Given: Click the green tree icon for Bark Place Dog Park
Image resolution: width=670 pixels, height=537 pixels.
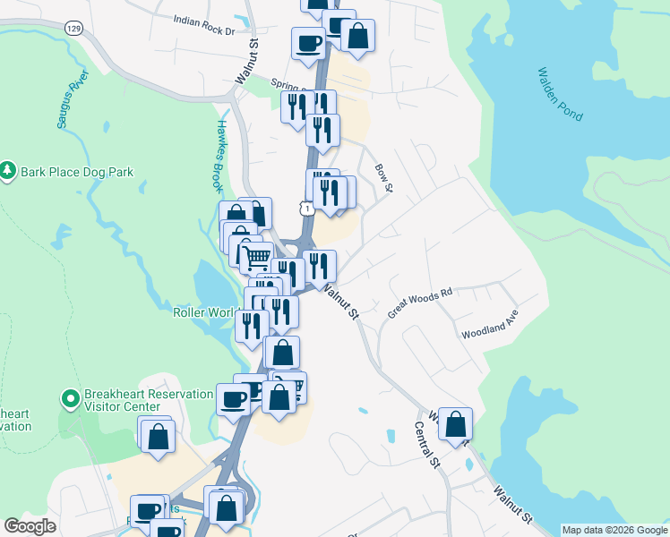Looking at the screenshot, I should tap(8, 170).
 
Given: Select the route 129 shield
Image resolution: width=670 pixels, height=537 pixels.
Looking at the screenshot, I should tap(73, 29).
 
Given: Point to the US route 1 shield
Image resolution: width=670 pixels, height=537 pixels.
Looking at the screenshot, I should tap(307, 208).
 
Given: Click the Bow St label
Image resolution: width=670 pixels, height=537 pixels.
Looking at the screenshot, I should tap(383, 177).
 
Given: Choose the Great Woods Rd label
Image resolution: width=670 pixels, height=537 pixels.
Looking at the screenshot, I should tap(420, 303).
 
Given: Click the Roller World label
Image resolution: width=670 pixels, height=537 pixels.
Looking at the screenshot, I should tap(204, 313).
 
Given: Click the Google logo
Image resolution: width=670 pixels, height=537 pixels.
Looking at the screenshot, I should tap(30, 526).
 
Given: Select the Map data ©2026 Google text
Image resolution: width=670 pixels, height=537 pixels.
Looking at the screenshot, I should tap(614, 530).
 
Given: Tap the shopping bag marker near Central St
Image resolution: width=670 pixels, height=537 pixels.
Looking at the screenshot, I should tap(455, 423).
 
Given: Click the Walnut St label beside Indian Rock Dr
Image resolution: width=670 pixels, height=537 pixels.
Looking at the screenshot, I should tap(247, 61).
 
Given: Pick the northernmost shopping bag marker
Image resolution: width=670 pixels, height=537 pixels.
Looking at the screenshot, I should tap(357, 36).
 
